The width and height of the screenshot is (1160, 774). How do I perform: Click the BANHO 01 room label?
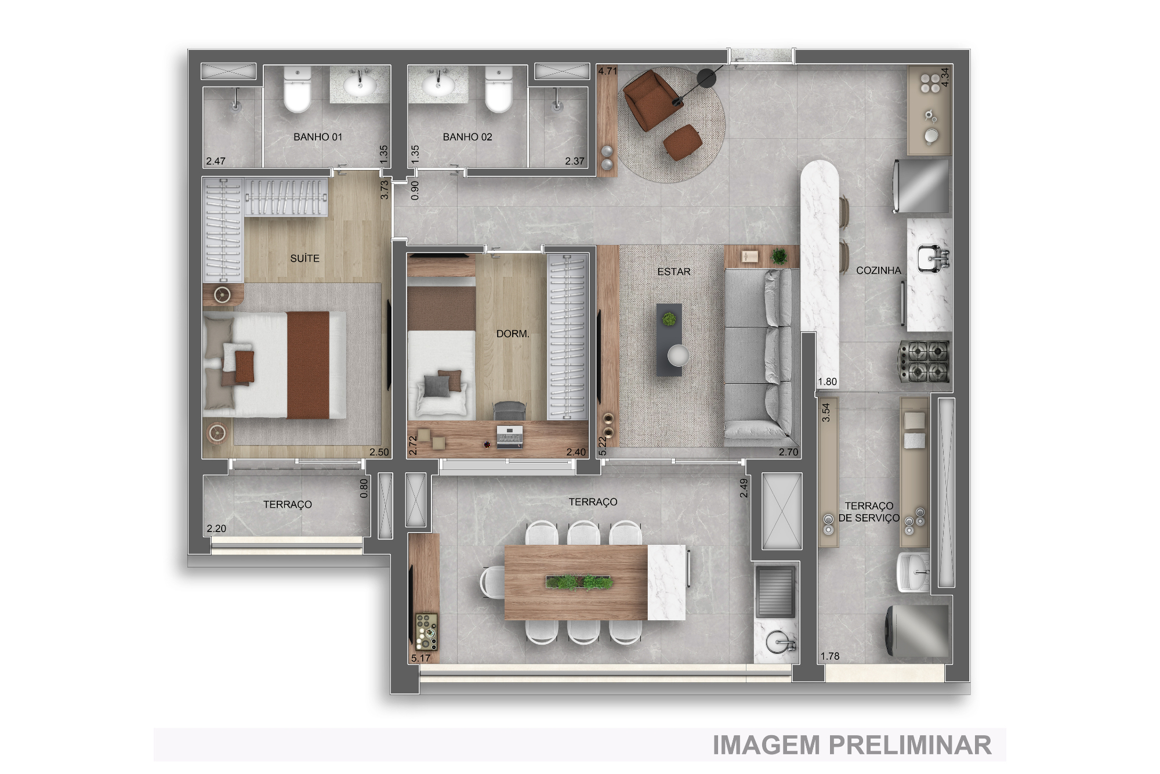coord(317,137)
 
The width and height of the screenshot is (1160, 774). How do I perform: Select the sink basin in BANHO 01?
coord(360,86)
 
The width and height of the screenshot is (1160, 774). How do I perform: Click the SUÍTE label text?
coord(304,258)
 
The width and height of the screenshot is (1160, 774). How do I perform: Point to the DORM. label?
coord(513,334)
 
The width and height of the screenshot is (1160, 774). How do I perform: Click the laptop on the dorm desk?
coord(509,437)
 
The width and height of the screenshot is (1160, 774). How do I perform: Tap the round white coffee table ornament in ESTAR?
coord(677,355)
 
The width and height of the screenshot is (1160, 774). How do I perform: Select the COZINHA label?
coord(878,270)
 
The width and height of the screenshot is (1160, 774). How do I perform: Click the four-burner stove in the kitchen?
coord(924,361)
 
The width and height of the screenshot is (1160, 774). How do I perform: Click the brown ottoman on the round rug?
coord(683,142)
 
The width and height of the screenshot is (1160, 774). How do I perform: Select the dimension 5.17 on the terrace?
coord(420,658)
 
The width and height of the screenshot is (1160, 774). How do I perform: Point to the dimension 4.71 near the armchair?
coord(608,71)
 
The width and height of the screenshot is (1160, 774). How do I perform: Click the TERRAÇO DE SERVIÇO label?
coord(868,512)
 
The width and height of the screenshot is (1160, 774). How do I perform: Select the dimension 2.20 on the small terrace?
coord(216,529)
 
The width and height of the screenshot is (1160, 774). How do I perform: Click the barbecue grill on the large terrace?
coord(775,592)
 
